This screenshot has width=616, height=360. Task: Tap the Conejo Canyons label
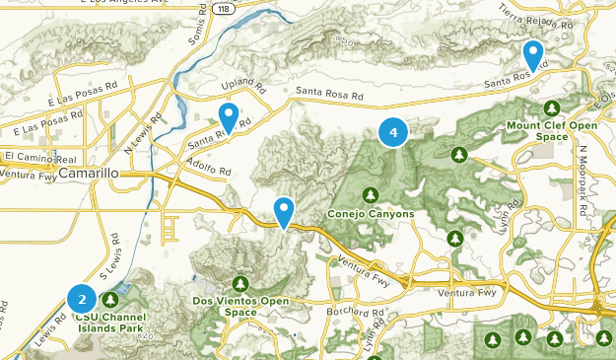pyautogui.click(x=371, y=214)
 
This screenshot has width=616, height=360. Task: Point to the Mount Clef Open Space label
pyautogui.click(x=553, y=131)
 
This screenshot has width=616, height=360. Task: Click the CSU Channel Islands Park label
pyautogui.click(x=109, y=324)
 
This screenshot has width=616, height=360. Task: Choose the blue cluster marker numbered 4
pyautogui.click(x=393, y=131)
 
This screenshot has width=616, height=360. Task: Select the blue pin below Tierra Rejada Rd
pyautogui.click(x=533, y=55)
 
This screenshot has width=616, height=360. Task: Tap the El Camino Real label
pyautogui.click(x=40, y=157)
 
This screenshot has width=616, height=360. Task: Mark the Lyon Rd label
pyautogui.click(x=511, y=218)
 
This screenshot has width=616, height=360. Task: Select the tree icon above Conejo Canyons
pyautogui.click(x=371, y=194)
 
